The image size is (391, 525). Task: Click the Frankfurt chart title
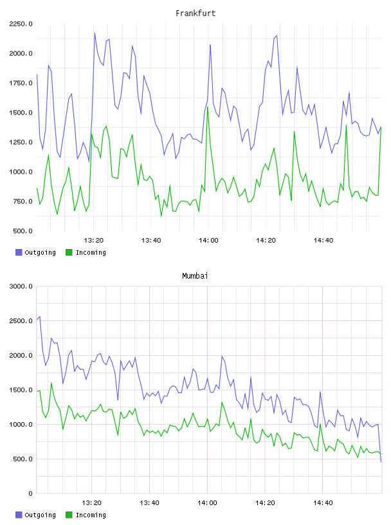click(195, 14)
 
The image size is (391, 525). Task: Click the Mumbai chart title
click(195, 276)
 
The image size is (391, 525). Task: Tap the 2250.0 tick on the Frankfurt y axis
click(21, 24)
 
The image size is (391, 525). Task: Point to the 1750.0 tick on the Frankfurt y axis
click(21, 83)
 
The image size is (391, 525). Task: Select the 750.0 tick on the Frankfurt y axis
click(23, 201)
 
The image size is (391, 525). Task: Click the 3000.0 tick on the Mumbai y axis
click(21, 286)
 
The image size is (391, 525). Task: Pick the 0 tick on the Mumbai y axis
click(30, 493)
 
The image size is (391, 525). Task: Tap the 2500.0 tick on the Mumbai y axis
click(21, 321)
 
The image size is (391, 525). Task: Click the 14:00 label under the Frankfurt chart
click(208, 241)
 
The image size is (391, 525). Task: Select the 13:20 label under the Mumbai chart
click(91, 503)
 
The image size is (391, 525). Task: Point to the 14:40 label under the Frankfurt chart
click(323, 241)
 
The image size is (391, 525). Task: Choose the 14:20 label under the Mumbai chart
click(265, 503)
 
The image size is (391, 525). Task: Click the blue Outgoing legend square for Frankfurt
click(19, 252)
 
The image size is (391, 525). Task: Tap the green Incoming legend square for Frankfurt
click(69, 252)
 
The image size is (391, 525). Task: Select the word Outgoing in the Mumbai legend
click(40, 515)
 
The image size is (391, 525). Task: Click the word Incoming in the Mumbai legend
click(91, 515)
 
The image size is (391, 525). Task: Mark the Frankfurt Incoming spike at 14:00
click(208, 107)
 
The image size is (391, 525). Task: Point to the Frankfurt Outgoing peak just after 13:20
click(95, 33)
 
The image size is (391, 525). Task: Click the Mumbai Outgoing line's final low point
click(381, 462)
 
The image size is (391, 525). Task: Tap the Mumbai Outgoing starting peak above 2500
click(40, 317)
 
